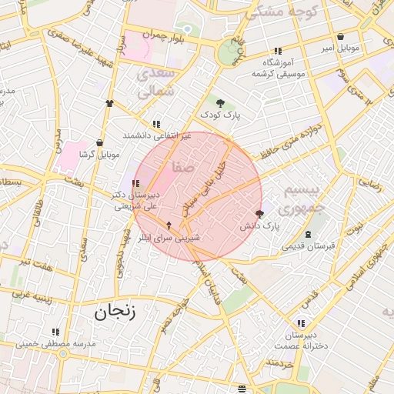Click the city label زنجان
coord(115,312)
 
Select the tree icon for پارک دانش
coord(259,215)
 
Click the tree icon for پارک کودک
coord(221,102)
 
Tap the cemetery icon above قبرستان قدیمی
coord(308,234)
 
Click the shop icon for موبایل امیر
coord(340,37)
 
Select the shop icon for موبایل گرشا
coord(99,142)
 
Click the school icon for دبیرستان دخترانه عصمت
coord(300,323)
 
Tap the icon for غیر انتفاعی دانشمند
coord(156,123)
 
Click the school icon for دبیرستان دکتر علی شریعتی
coord(136,184)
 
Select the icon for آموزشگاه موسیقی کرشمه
coord(278,51)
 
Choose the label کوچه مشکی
coord(282,12)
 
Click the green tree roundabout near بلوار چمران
coord(229,53)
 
